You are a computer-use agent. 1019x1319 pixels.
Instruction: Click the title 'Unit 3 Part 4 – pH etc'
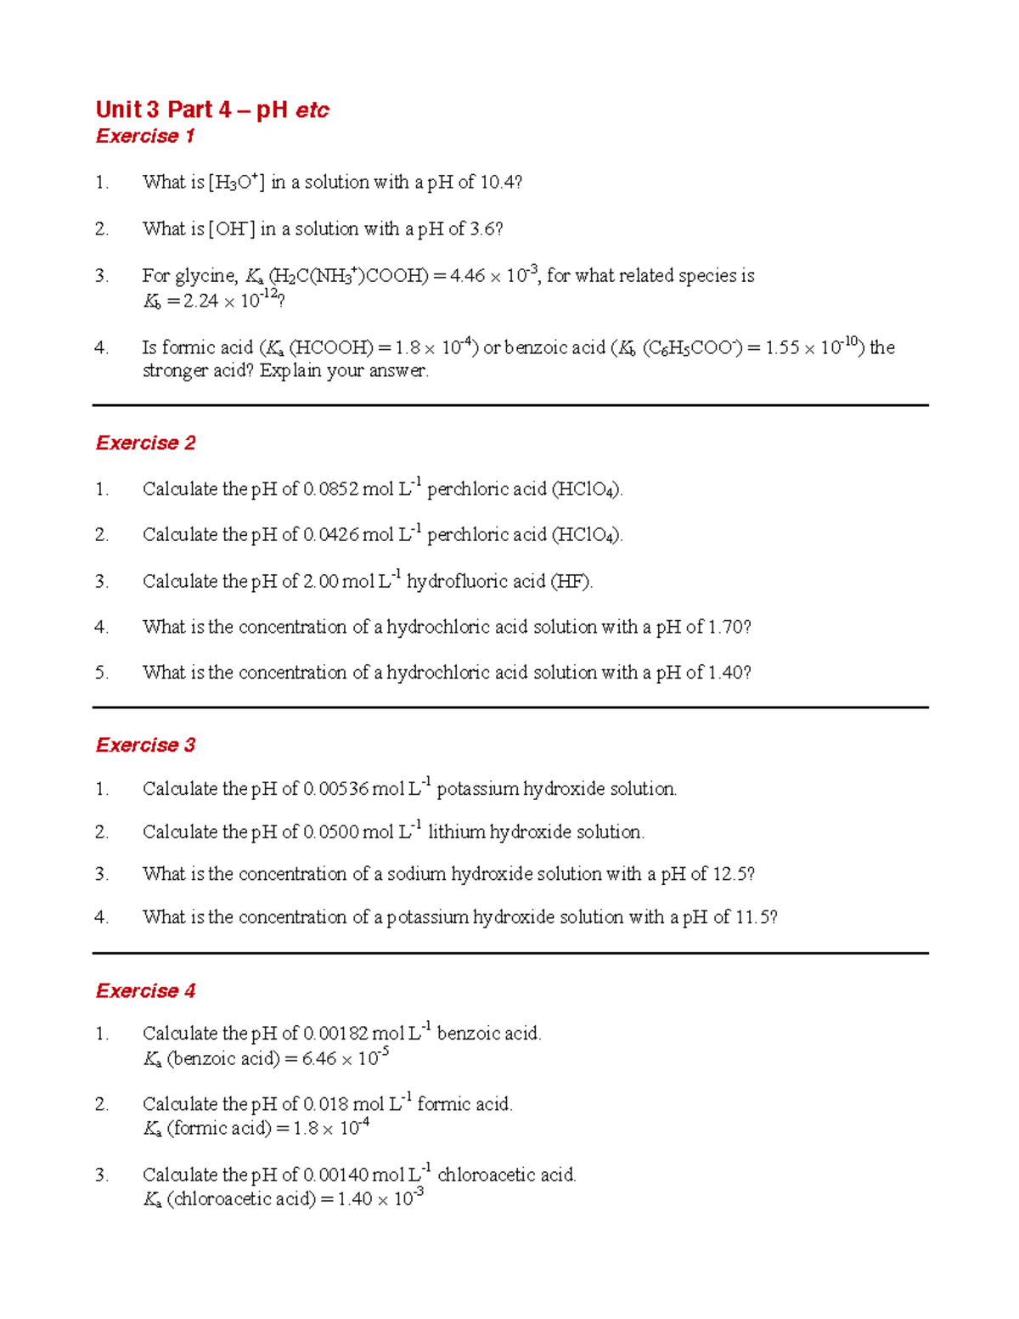(x=212, y=110)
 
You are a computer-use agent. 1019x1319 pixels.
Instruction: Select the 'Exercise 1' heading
(x=145, y=136)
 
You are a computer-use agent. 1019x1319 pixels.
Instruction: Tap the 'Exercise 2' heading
(x=145, y=442)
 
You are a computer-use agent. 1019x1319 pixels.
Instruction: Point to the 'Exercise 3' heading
(x=145, y=745)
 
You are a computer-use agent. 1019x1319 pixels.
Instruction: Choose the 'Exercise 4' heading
(x=145, y=990)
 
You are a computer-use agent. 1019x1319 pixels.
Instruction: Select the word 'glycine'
(x=205, y=275)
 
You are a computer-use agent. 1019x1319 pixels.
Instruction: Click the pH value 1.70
(x=726, y=627)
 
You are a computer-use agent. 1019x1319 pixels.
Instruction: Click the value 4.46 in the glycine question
(x=467, y=275)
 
